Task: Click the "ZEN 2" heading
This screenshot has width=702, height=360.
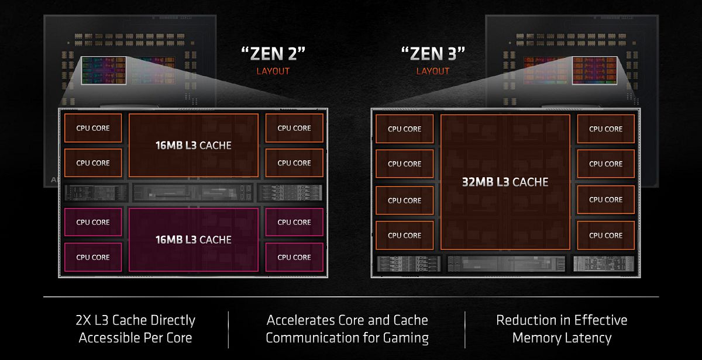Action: click(273, 54)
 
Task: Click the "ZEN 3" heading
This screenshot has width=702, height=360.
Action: click(433, 54)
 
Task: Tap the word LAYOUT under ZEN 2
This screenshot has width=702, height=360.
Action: click(273, 71)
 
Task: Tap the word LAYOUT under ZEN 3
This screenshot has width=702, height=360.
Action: click(433, 71)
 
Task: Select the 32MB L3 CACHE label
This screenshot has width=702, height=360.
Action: click(505, 182)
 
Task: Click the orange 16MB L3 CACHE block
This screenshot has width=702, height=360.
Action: click(194, 146)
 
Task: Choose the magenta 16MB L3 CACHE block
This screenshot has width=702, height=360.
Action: click(194, 240)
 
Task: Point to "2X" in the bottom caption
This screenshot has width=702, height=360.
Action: click(83, 320)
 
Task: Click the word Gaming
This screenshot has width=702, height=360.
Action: click(406, 338)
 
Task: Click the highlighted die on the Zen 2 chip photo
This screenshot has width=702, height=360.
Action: click(104, 71)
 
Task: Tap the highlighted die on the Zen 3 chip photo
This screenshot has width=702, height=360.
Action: click(594, 71)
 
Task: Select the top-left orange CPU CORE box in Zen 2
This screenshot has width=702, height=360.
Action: click(93, 128)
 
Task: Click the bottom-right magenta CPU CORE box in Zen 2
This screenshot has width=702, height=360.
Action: click(294, 257)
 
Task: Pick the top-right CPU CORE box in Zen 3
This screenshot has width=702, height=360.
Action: click(606, 129)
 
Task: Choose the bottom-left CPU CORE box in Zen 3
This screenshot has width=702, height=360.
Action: click(405, 236)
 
